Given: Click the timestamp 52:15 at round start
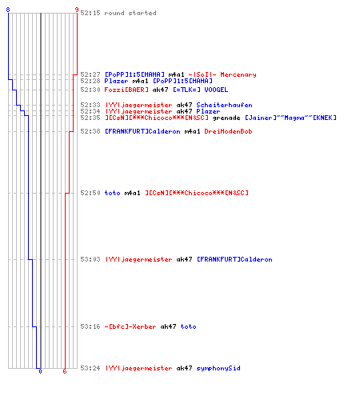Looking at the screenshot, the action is tap(90, 13).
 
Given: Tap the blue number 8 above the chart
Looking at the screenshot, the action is tap(8, 10).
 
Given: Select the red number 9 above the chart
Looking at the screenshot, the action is tap(77, 10).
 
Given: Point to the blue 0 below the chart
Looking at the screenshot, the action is tap(40, 371).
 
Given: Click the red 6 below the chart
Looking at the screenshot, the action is tap(65, 371).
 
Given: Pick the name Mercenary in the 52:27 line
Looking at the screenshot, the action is tap(238, 74).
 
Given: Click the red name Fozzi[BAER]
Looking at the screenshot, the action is tap(126, 90).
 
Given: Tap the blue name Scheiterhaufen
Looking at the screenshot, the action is tap(224, 105).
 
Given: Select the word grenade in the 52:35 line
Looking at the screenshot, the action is tap(226, 118).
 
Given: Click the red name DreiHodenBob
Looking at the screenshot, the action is tap(228, 131).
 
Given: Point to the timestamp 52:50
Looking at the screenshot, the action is tap(90, 193).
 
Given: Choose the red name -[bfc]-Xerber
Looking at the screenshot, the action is tap(130, 326).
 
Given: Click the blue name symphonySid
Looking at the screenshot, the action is tap(218, 368).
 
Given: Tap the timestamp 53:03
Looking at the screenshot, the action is tap(90, 259).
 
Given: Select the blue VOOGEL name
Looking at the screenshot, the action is tap(216, 90).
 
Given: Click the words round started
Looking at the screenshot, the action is tap(130, 13).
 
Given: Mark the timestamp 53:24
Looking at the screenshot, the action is tap(90, 368).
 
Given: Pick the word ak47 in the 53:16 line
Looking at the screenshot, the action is tap(168, 326).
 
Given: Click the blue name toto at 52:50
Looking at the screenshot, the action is tap(112, 193).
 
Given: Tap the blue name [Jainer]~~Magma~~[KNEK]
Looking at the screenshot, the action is tap(290, 118).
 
